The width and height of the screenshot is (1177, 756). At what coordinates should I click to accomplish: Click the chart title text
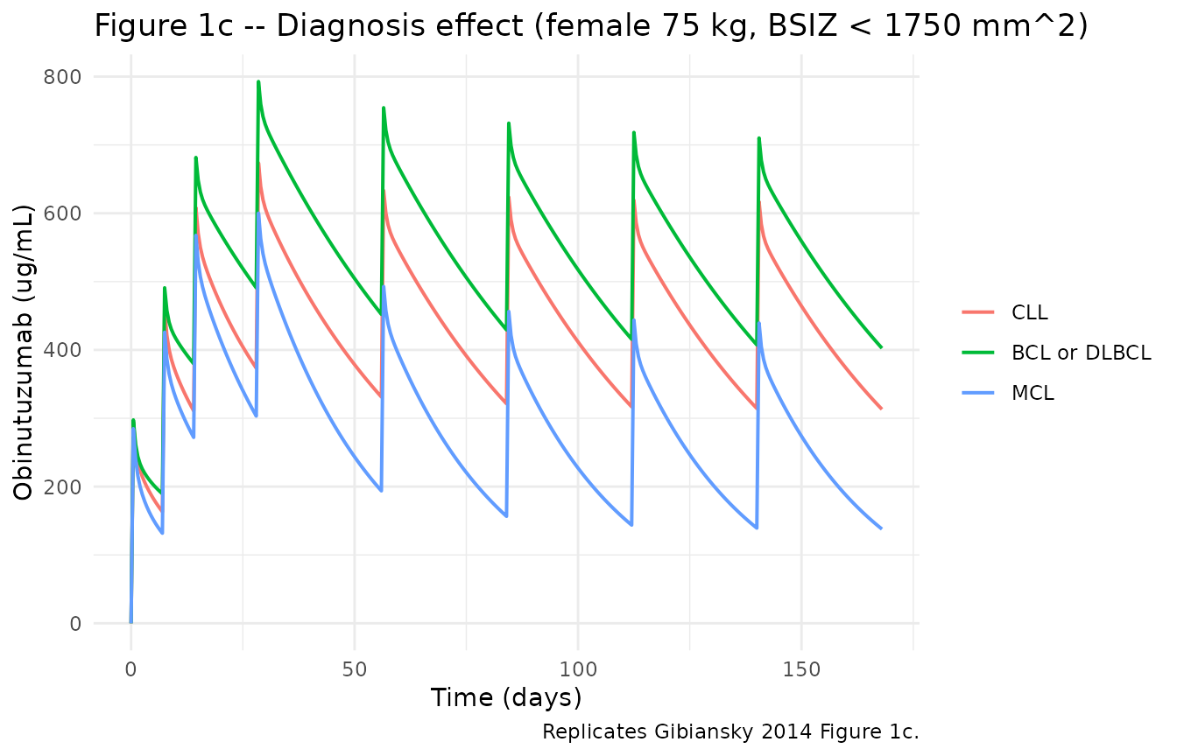[x=591, y=26]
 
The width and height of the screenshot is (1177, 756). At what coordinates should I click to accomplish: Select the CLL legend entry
[x=1029, y=312]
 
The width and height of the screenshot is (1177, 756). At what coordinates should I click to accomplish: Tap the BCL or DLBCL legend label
[x=1082, y=353]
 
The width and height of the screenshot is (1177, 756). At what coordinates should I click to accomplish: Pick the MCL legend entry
[x=1033, y=393]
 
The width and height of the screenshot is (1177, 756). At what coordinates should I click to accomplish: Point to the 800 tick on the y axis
[x=62, y=77]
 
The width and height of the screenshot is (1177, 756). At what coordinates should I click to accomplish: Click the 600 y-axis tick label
[x=62, y=213]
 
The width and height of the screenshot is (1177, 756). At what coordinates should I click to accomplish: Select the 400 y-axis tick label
[x=62, y=350]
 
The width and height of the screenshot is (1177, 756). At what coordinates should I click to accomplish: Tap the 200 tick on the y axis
[x=62, y=487]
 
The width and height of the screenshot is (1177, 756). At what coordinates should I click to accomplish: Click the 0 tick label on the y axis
[x=75, y=624]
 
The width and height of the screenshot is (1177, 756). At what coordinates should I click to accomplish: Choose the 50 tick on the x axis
[x=354, y=670]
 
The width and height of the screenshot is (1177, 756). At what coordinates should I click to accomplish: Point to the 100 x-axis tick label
[x=578, y=670]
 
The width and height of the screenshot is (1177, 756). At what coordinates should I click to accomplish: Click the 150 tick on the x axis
[x=801, y=670]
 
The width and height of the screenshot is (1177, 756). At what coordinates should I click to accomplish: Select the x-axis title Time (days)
[x=506, y=698]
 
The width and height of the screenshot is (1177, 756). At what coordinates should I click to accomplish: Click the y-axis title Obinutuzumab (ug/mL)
[x=23, y=353]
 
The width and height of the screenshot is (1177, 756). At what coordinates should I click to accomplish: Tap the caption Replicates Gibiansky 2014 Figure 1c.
[x=730, y=731]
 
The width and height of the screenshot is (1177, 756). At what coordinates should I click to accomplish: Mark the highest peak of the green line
[x=258, y=81]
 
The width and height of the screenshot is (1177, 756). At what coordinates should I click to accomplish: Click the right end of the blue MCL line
[x=881, y=528]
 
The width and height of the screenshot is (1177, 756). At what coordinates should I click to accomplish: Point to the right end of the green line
[x=881, y=347]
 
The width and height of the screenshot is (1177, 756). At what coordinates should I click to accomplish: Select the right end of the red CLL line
[x=881, y=409]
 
